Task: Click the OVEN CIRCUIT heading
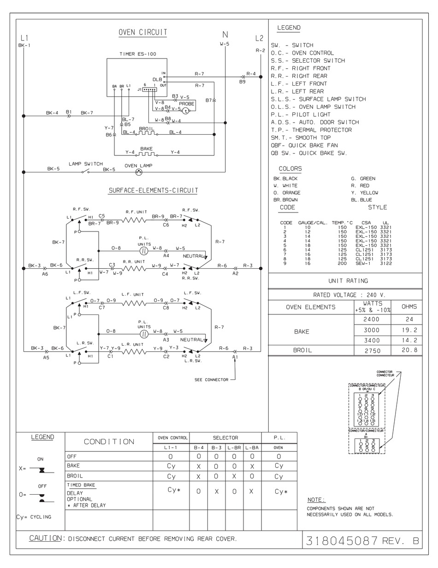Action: click(x=142, y=32)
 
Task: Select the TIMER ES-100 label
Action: click(x=138, y=54)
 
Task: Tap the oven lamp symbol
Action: click(x=138, y=172)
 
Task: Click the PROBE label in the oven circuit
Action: click(x=187, y=104)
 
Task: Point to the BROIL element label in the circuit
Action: click(x=146, y=129)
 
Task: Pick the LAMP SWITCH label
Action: click(x=86, y=164)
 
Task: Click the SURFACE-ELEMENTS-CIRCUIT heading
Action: click(x=154, y=190)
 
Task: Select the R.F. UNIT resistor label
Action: click(x=136, y=212)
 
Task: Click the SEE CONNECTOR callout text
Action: click(x=211, y=380)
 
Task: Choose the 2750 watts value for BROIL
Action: click(x=372, y=350)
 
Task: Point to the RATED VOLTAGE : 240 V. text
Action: click(x=344, y=295)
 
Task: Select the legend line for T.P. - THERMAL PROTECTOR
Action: click(x=311, y=130)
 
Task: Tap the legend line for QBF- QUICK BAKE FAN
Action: click(x=304, y=145)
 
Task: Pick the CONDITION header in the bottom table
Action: click(x=109, y=442)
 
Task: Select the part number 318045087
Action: click(x=342, y=541)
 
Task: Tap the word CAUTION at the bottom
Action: click(x=45, y=538)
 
